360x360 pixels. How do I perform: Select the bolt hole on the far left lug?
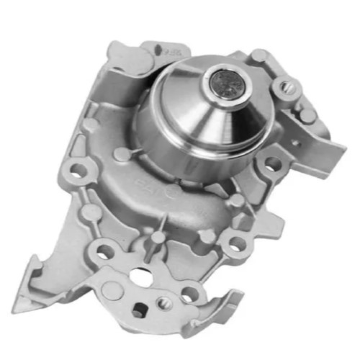coord(78,170)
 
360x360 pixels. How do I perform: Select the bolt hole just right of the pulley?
coord(271,164)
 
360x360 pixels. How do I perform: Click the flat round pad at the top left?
coord(130,58)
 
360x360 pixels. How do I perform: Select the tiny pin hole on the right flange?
coord(296,144)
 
